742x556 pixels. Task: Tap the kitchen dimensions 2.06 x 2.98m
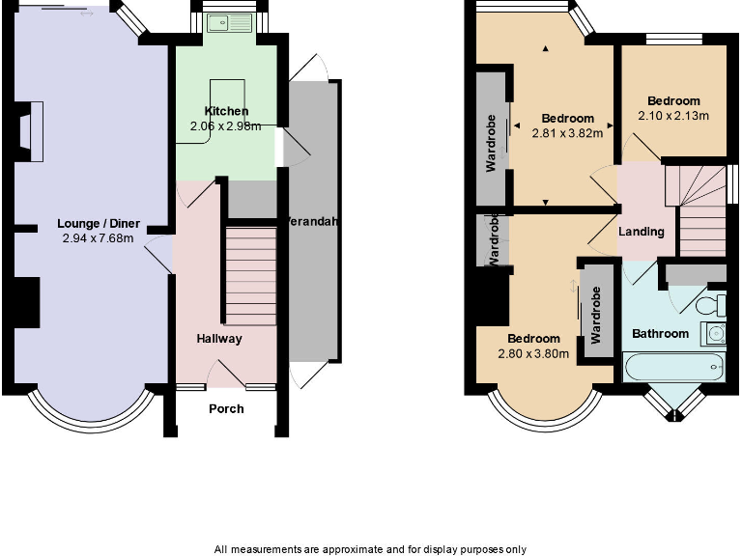point(225,125)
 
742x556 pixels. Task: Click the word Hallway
point(219,339)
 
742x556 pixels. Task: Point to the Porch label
point(227,408)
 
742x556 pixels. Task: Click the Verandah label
point(311,221)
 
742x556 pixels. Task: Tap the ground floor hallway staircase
point(250,276)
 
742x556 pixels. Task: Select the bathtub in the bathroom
point(673,367)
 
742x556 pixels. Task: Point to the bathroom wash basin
point(714,334)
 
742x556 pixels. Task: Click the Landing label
point(642,232)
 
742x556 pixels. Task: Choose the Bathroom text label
point(660,334)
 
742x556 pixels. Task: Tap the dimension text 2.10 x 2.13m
point(673,116)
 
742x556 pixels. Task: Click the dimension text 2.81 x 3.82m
point(567,133)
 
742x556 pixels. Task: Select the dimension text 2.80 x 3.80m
point(533,353)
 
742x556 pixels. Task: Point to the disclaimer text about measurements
point(371,548)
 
